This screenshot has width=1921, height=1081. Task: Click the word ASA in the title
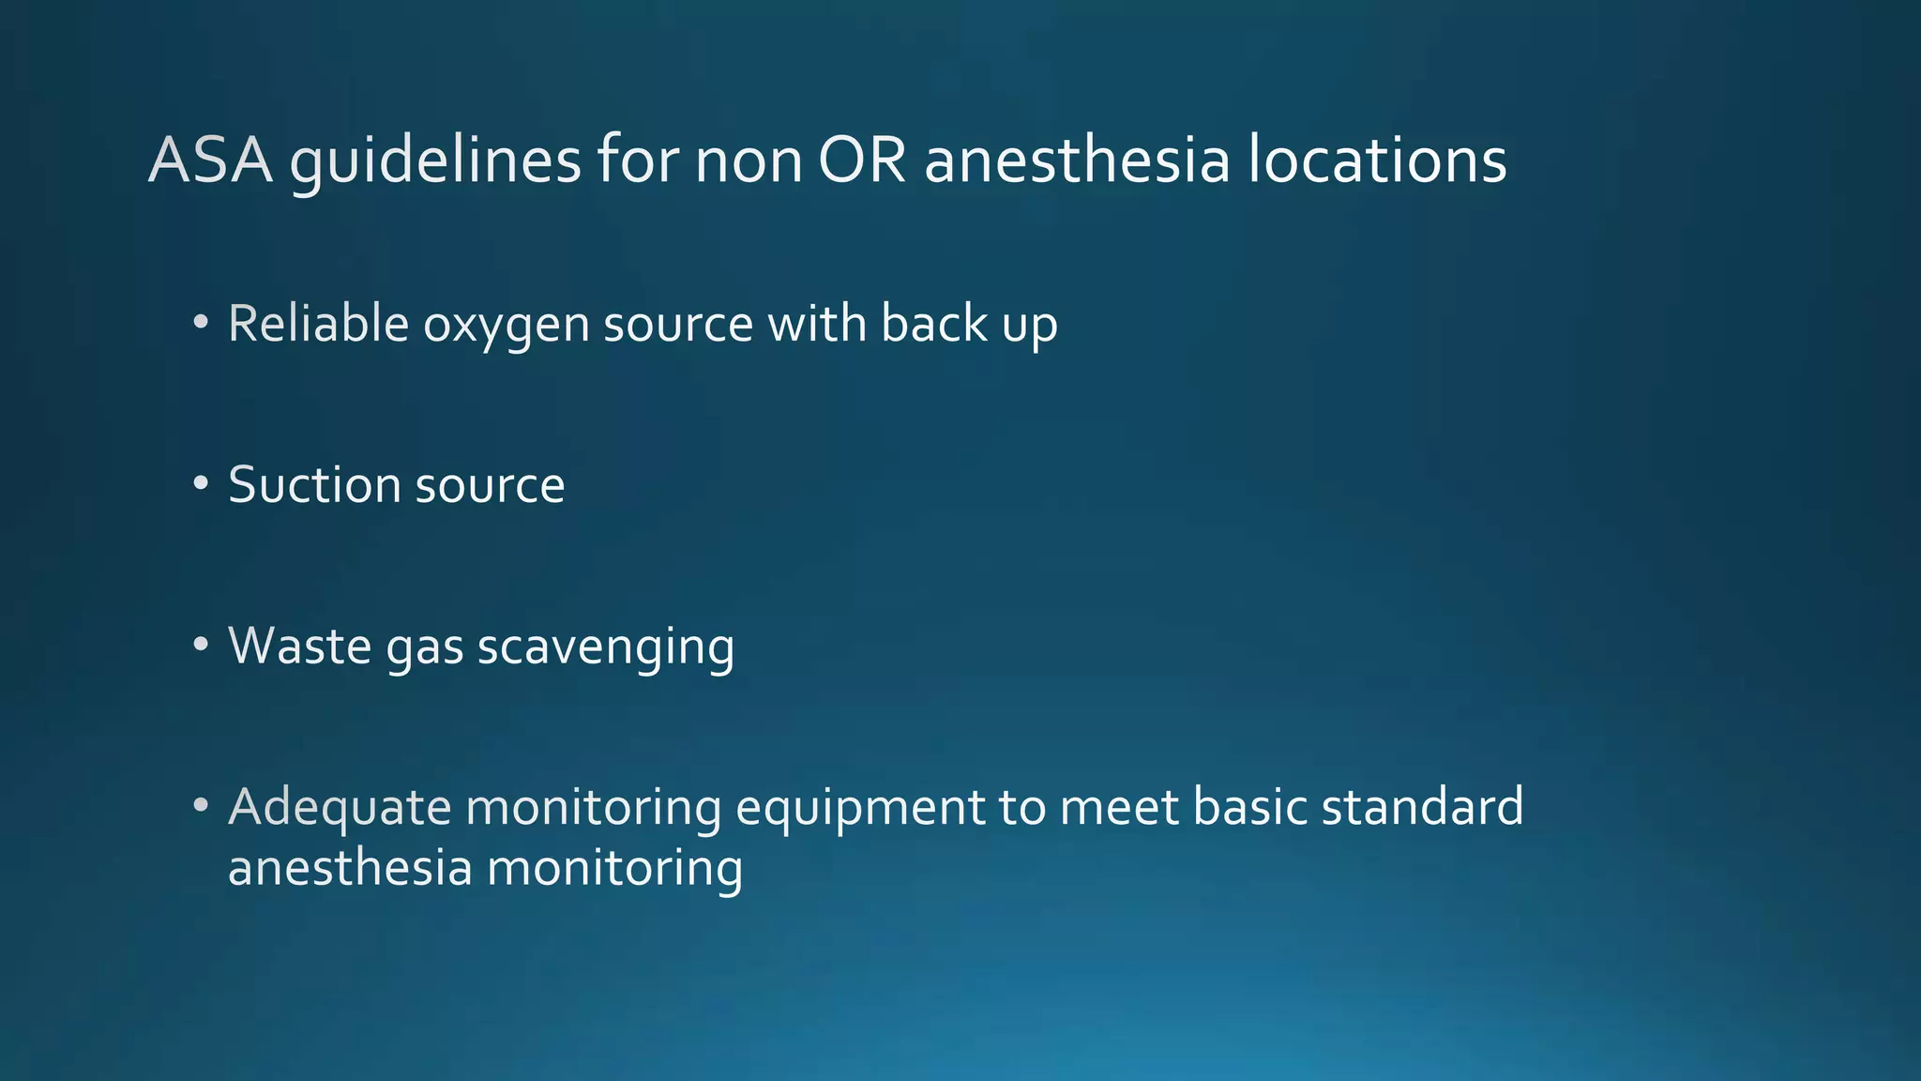click(210, 160)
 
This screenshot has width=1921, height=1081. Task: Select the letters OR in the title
click(862, 160)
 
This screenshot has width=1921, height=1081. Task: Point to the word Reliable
click(318, 324)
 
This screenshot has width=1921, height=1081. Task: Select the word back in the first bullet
click(934, 324)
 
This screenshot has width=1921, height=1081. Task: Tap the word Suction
click(314, 485)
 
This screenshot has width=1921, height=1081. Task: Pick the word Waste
click(300, 647)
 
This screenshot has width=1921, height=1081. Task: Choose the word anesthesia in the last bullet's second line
click(350, 867)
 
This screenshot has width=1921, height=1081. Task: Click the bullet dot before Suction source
click(201, 484)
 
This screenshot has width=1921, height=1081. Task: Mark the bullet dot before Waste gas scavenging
click(201, 645)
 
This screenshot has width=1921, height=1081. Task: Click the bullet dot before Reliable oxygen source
click(201, 323)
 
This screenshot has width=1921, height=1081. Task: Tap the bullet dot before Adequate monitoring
click(201, 806)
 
